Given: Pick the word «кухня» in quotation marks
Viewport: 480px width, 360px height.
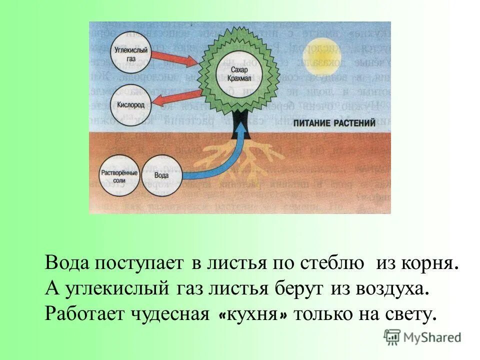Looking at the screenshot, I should tap(254, 314).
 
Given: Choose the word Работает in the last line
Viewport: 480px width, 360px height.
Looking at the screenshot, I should tap(84, 314).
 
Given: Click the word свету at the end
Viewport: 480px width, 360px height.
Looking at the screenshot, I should tap(412, 314).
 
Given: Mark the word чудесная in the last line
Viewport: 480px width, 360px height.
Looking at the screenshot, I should tap(176, 314).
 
